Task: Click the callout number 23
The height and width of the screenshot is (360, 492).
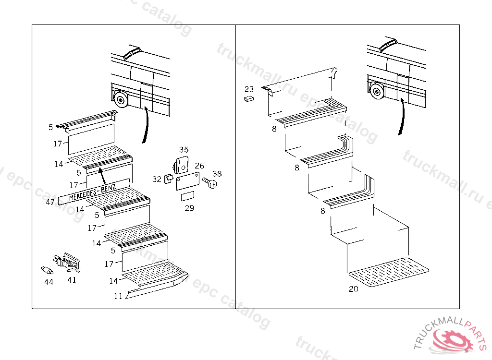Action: point(249,89)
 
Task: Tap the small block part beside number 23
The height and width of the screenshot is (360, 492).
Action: point(249,99)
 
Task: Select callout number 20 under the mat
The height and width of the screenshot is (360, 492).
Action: point(354,289)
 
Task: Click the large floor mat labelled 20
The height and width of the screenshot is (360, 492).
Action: point(389,272)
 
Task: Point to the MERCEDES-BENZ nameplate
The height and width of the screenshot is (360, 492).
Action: point(94,191)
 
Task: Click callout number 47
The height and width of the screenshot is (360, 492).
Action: point(50,203)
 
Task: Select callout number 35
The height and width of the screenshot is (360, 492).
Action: point(184,150)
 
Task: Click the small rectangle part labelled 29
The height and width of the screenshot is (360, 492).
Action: point(187,197)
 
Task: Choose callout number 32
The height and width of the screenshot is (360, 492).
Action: point(157,179)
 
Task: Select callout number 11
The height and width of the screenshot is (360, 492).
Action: point(118,296)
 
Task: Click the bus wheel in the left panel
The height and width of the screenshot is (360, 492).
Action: point(120,99)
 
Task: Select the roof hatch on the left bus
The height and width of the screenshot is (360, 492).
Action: point(131,52)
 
